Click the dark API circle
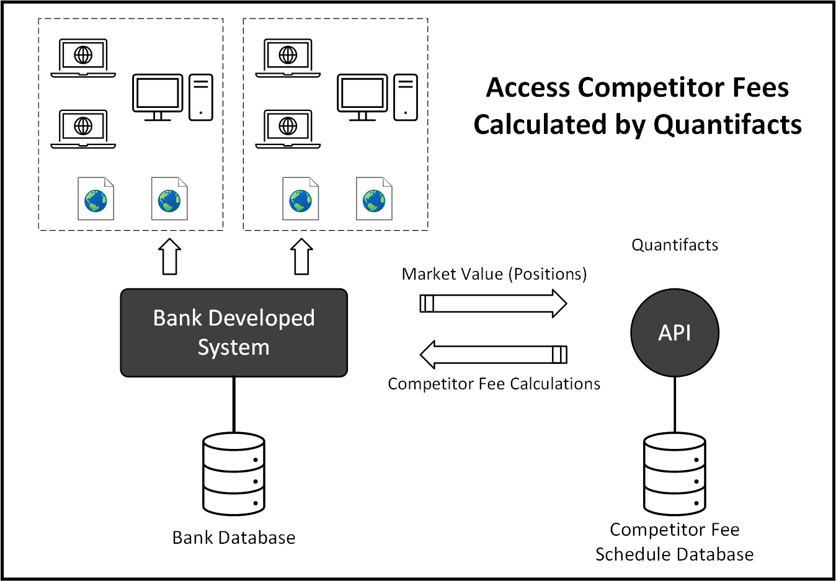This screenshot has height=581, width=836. coord(675,332)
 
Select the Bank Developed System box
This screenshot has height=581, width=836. coord(234,332)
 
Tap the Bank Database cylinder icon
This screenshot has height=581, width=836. coord(234,474)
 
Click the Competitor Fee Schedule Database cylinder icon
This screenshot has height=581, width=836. coord(675,474)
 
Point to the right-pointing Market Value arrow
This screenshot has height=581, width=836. coord(494,304)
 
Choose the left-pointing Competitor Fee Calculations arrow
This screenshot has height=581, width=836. coord(494,355)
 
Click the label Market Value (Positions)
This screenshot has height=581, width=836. coord(494,274)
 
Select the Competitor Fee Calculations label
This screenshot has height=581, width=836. coord(494,384)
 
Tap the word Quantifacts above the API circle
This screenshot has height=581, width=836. coord(675,245)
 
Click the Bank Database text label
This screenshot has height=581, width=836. coord(234,538)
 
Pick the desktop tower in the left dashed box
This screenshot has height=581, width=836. coord(201,97)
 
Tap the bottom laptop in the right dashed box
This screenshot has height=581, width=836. coord(288,129)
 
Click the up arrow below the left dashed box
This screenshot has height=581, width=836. coord(171,256)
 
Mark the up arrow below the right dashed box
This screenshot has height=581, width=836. coord(302,256)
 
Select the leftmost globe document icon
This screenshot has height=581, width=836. coord(96,199)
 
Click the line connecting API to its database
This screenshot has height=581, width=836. coord(675,404)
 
